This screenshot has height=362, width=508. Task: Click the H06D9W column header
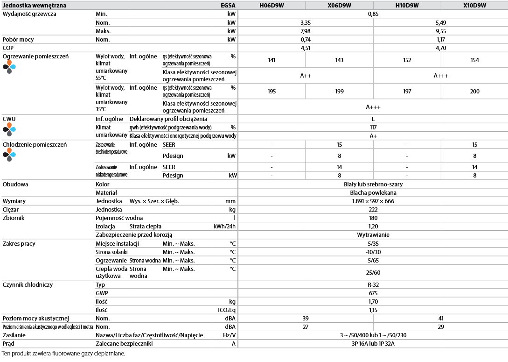pos(271,6)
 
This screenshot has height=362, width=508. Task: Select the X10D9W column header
pos(474,6)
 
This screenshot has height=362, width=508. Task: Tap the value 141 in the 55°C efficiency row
pos(271,60)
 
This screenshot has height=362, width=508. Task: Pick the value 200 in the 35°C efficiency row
pos(474,91)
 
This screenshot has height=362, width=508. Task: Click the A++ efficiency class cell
pos(306,75)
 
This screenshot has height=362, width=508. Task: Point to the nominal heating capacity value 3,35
pos(306,22)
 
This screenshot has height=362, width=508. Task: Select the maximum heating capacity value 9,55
pos(441,31)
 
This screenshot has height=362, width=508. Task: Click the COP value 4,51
pos(306,48)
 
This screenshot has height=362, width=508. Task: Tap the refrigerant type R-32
pos(373,284)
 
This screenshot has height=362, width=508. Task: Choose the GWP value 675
pos(373,293)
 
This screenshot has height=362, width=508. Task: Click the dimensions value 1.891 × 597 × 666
pos(373,201)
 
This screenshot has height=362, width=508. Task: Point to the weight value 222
pos(373,209)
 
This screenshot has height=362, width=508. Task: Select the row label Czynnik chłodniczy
pos(28,284)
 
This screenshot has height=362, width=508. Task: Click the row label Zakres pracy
pos(19,243)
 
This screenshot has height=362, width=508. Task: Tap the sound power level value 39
pos(306,318)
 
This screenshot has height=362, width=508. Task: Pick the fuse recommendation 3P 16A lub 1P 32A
pos(373,344)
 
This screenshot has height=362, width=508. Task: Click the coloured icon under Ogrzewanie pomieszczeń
pos(9,67)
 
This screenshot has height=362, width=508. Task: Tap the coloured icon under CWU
pos(9,129)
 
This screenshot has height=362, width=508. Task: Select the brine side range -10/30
pos(373,252)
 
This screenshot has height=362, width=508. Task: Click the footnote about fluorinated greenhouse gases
pos(64,354)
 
